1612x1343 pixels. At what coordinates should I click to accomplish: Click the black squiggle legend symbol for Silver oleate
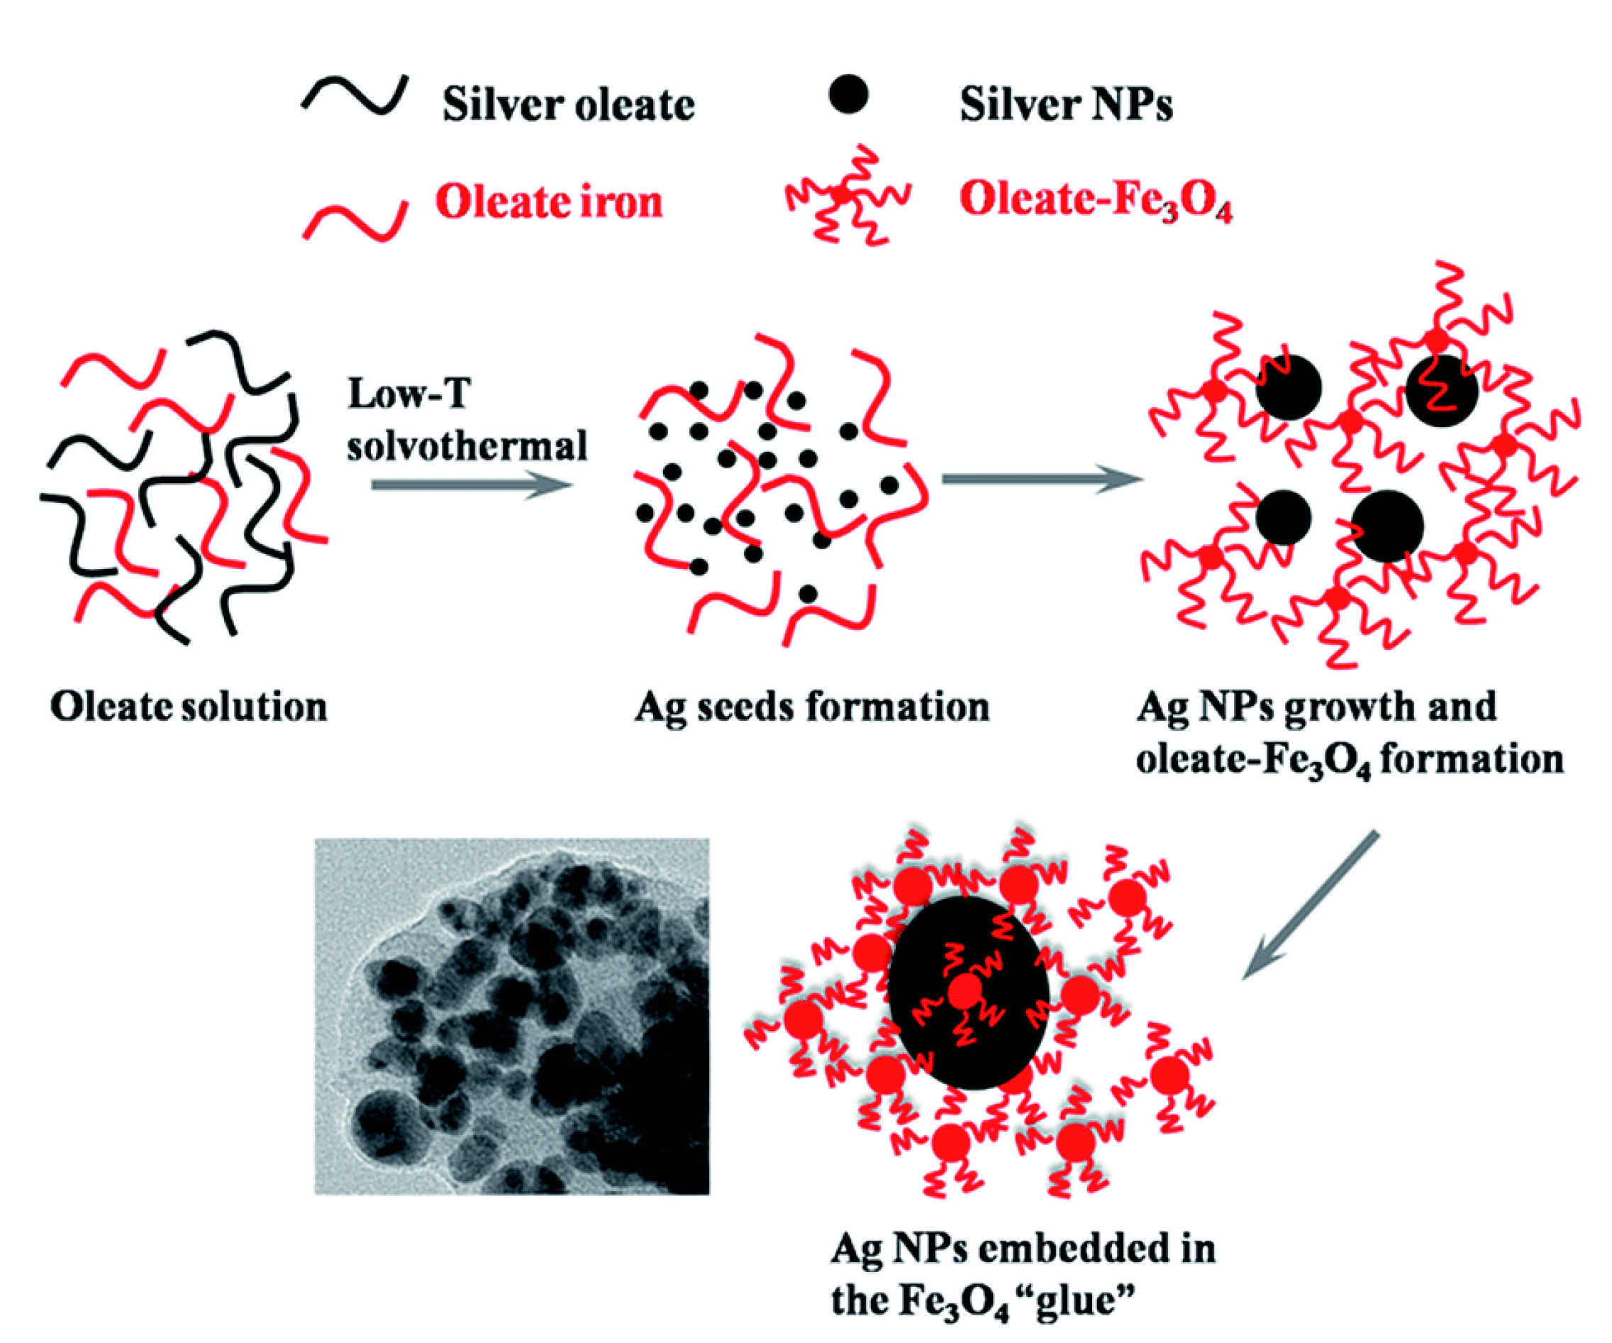click(x=355, y=97)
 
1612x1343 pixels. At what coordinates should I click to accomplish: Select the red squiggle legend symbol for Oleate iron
click(x=355, y=221)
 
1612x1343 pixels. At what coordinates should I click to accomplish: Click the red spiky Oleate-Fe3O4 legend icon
click(x=845, y=195)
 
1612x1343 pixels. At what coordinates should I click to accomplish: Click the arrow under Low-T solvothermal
click(x=472, y=485)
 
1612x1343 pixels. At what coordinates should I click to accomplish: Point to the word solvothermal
click(x=467, y=446)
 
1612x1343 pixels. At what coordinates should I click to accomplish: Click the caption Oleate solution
click(x=189, y=707)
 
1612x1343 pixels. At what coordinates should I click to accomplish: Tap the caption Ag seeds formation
click(x=811, y=707)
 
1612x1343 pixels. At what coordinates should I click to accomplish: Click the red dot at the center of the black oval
click(x=965, y=993)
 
